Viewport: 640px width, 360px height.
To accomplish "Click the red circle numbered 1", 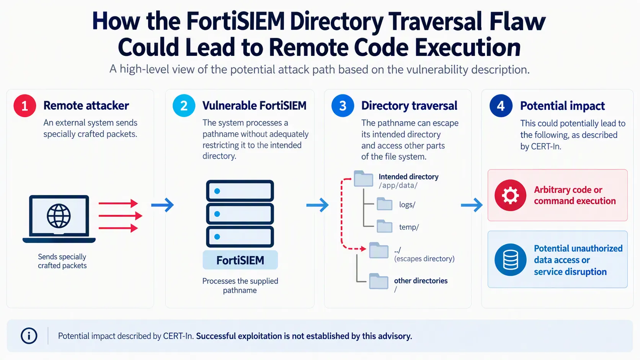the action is [25, 106].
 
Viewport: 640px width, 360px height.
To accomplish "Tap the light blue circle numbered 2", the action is [184, 106].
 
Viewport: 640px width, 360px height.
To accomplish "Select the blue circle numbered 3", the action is [343, 106].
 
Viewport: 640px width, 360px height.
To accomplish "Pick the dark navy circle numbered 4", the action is [501, 106].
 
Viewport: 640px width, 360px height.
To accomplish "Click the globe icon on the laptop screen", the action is [59, 216].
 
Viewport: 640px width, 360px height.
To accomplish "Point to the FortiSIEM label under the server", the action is [240, 260].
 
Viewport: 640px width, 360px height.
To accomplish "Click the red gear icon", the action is [510, 195].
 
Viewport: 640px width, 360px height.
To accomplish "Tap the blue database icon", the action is [510, 259].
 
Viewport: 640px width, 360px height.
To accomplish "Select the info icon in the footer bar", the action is [29, 336].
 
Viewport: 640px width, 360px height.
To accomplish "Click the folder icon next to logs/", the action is [384, 204].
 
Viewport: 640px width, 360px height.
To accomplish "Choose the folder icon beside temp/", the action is [384, 226].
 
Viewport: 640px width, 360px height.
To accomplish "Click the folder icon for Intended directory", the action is [363, 178].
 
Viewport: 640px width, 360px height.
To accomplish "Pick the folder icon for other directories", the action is [379, 281].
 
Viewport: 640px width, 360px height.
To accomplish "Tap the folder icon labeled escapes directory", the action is [379, 250].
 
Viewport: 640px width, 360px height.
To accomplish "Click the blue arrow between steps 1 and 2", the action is [162, 205].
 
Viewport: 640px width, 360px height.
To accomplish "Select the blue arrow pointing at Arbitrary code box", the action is [472, 205].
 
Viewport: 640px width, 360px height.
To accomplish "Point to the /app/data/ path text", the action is [398, 186].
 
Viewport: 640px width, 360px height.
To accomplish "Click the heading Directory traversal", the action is [409, 106].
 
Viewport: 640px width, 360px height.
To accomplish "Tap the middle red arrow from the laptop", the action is [120, 215].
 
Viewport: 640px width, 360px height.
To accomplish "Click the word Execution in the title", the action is [468, 47].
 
